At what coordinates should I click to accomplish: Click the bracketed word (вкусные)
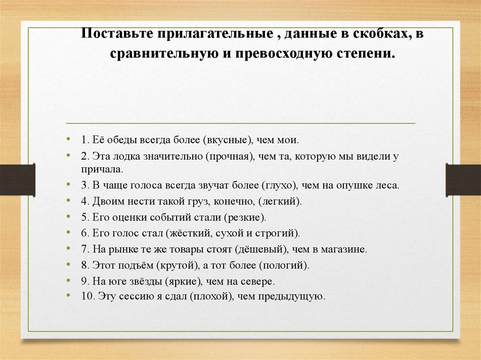229,140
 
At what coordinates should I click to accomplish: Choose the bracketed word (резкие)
245,218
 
